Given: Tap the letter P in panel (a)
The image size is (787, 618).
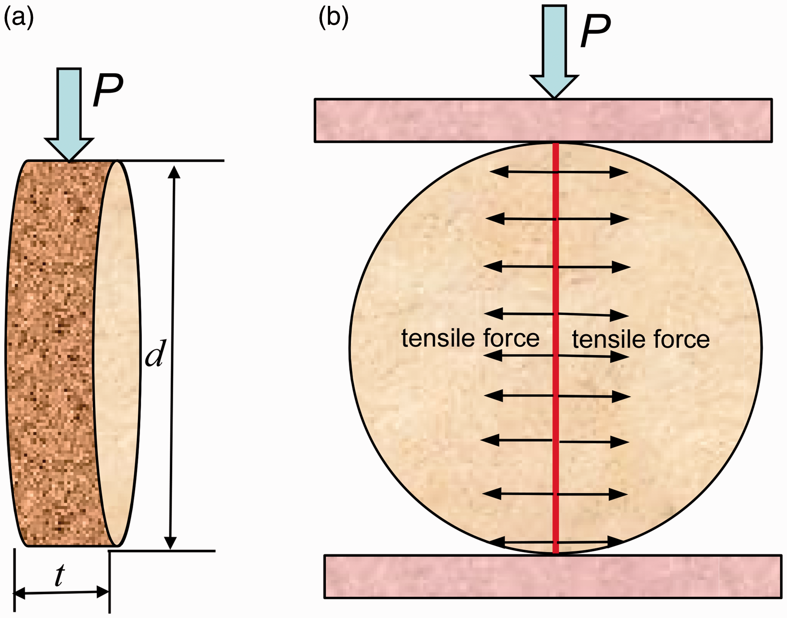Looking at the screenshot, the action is [108, 90].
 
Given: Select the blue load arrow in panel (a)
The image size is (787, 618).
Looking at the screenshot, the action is [69, 114].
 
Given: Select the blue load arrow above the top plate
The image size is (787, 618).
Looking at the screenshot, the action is [554, 52].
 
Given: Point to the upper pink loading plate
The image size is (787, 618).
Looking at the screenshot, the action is [543, 120].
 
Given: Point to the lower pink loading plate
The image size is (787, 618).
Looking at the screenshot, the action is [553, 577].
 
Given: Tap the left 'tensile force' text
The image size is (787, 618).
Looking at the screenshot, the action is [470, 338].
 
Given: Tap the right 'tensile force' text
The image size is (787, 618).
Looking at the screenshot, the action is [641, 339].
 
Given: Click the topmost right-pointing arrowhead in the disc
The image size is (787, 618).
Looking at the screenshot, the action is [619, 172].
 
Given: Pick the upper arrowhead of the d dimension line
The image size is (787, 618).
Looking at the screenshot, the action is [174, 172].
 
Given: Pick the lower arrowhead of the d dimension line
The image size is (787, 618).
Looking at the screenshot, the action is [170, 543].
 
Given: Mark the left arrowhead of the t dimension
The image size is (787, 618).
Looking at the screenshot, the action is [20, 593].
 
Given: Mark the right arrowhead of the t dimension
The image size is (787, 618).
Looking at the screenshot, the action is [103, 592].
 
